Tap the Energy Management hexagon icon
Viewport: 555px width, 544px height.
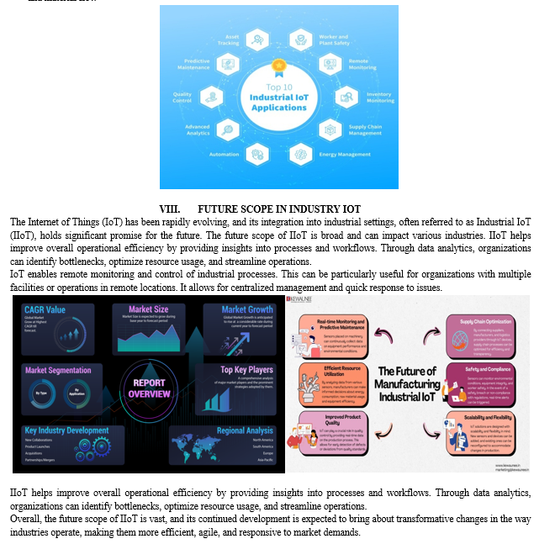tap(301, 154)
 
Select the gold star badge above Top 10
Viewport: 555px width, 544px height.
tap(278, 65)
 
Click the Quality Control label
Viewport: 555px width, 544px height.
tap(182, 98)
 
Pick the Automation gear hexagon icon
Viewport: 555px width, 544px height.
tap(257, 153)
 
